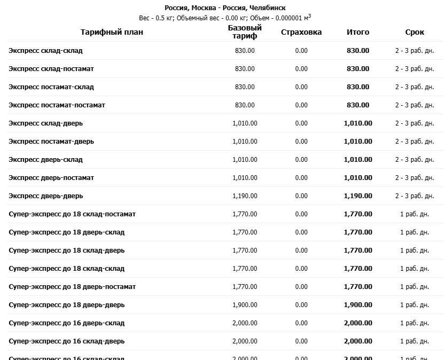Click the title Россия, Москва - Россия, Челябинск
tap(225, 8)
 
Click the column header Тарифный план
tap(112, 32)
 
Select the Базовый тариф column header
tap(245, 32)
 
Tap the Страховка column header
tap(301, 32)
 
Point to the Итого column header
tap(358, 32)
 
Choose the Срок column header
tap(414, 32)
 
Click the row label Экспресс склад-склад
tap(45, 51)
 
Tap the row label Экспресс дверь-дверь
tap(45, 196)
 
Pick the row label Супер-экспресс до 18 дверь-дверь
tap(67, 305)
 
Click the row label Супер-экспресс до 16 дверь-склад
tap(67, 323)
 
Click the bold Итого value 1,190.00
tap(358, 196)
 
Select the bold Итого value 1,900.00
tap(358, 305)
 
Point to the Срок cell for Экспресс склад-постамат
tap(414, 69)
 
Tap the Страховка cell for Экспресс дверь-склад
tap(301, 160)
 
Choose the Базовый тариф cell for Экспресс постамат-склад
tap(245, 87)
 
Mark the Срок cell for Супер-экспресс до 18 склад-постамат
tap(414, 214)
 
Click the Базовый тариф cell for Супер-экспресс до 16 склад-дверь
tap(245, 341)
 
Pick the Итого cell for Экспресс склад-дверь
tap(358, 123)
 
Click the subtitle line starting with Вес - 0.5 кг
tap(225, 18)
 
